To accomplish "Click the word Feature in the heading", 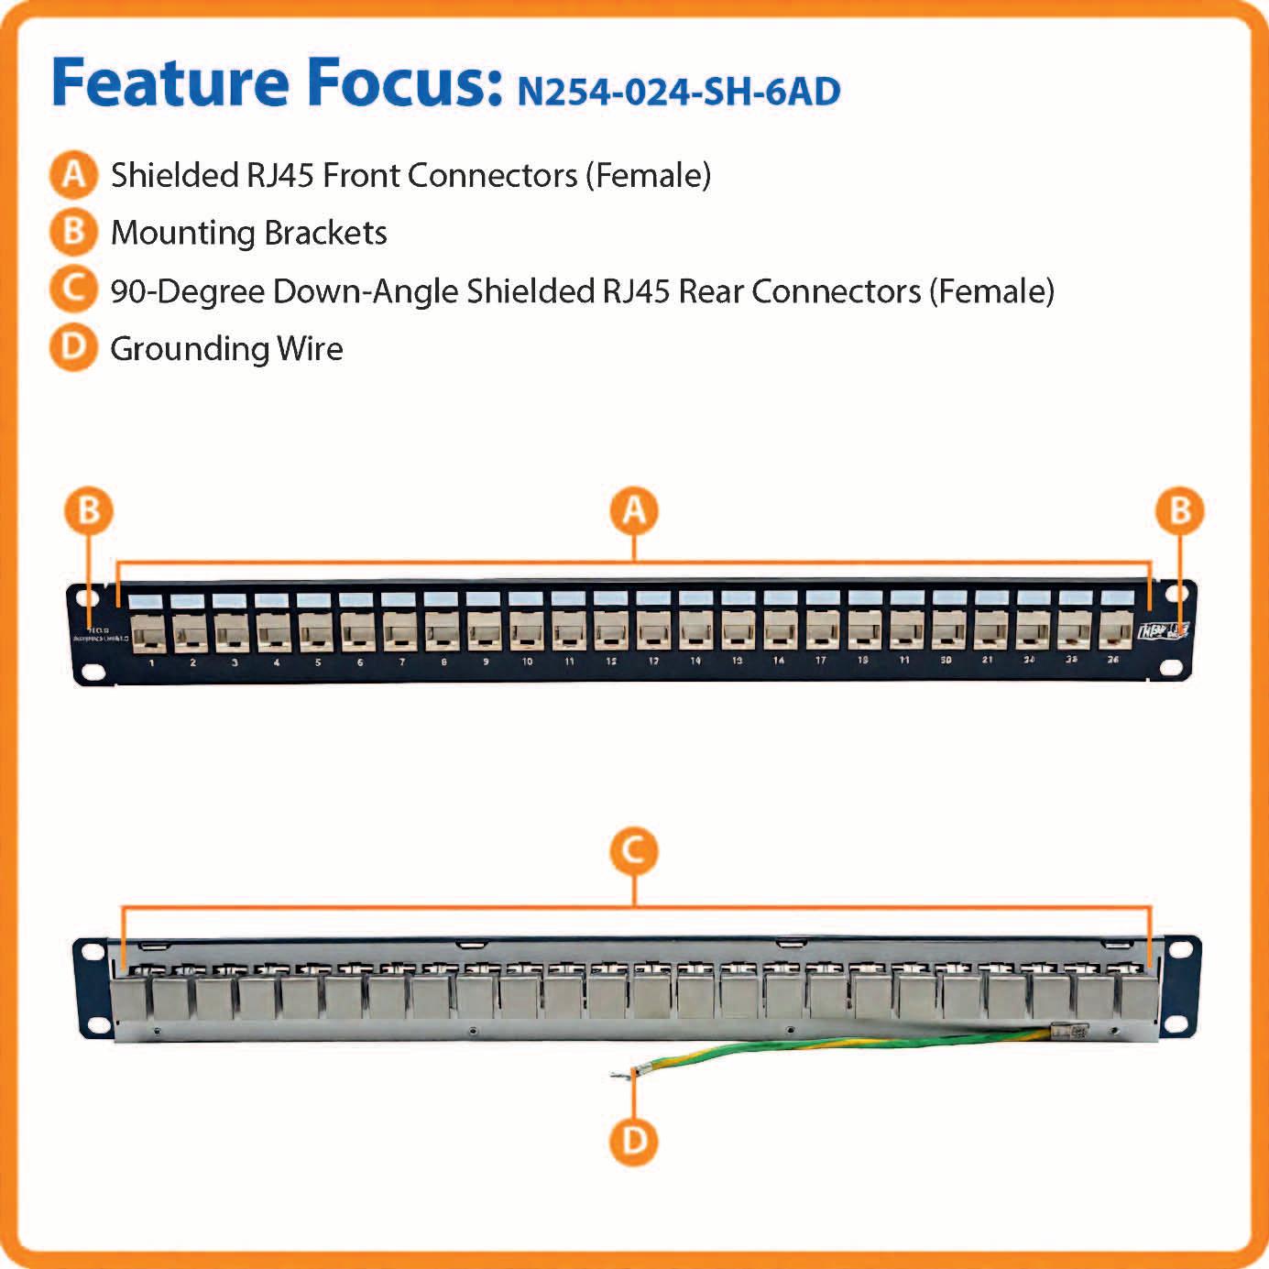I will (x=170, y=82).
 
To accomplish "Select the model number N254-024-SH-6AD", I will (x=678, y=92).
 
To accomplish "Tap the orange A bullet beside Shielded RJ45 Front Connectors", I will (x=73, y=174).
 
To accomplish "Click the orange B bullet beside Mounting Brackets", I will (x=73, y=232).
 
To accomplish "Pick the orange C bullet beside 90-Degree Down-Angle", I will (x=73, y=290).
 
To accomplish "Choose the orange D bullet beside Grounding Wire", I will (x=73, y=347).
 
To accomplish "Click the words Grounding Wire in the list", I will (x=226, y=348).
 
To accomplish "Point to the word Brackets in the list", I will (x=325, y=233).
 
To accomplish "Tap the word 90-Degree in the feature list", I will (x=187, y=291).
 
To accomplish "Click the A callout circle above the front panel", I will (x=634, y=510).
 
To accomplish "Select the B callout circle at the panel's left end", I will (x=89, y=510).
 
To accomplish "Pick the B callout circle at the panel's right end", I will (x=1180, y=510).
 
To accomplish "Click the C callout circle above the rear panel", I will (x=634, y=851).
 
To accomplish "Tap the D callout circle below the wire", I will (x=634, y=1142).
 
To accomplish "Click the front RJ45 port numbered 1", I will (x=150, y=630).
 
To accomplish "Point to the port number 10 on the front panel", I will (x=527, y=661).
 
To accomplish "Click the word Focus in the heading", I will (x=406, y=82).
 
